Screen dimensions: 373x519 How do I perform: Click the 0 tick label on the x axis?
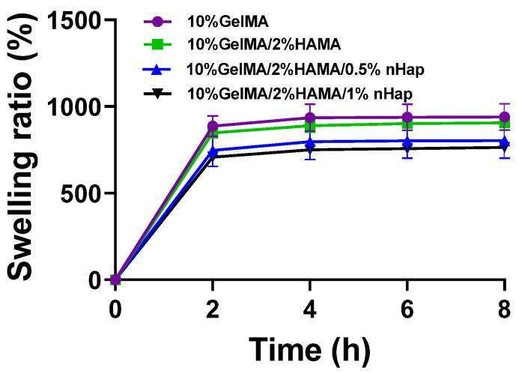click(x=115, y=309)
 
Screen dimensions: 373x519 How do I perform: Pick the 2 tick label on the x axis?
click(x=213, y=309)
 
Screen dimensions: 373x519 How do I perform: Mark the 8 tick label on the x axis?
click(x=504, y=309)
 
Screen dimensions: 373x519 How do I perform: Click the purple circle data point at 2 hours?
click(x=213, y=127)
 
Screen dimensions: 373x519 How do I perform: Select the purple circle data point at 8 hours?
click(x=504, y=117)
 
